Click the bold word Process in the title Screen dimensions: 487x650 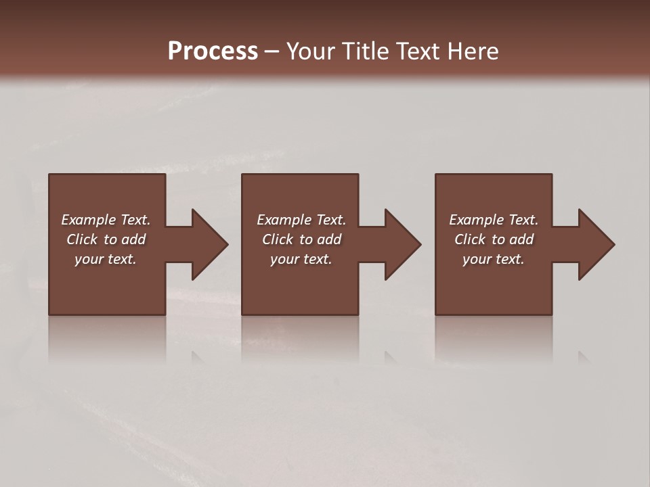tap(213, 51)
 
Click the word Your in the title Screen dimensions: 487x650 tap(310, 51)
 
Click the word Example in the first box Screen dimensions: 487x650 tap(88, 220)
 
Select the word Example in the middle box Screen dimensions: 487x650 tap(284, 220)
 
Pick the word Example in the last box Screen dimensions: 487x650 tap(476, 220)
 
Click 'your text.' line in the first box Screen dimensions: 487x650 tap(106, 259)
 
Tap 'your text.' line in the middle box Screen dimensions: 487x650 tap(301, 259)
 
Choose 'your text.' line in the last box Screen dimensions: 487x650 tap(494, 259)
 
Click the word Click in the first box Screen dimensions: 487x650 tap(81, 239)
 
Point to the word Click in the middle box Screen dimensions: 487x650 tap(277, 239)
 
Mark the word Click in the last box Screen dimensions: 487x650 tap(469, 239)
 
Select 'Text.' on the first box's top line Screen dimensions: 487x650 tap(135, 220)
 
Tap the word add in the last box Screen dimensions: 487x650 tap(521, 239)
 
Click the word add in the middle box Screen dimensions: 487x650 tap(329, 239)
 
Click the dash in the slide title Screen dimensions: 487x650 tap(272, 52)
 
